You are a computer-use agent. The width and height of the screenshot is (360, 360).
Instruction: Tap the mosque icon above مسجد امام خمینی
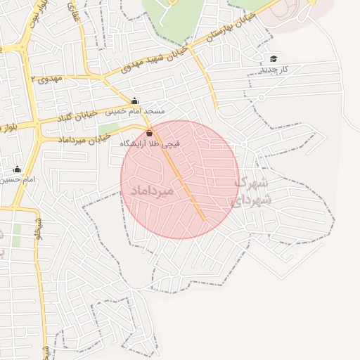134,101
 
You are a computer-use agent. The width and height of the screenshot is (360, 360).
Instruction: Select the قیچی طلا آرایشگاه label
150,143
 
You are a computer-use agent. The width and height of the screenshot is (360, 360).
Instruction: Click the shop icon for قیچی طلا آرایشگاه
149,133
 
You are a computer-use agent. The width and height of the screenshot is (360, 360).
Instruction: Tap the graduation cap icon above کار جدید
273,58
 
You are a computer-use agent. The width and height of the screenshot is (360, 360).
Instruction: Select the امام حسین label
19,180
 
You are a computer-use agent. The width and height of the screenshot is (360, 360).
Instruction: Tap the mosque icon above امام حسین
17,169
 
